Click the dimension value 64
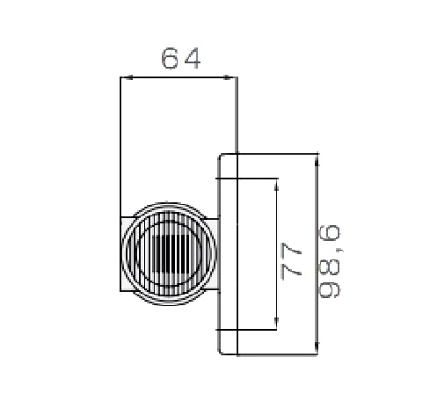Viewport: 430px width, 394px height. click(x=181, y=58)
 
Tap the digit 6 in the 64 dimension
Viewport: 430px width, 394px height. click(x=170, y=58)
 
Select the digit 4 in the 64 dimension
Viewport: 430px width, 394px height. click(x=193, y=59)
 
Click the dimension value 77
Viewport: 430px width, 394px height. click(x=291, y=261)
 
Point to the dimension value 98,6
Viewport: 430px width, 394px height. click(x=330, y=261)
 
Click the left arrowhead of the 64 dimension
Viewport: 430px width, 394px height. click(x=127, y=77)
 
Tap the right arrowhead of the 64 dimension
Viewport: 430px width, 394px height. click(x=230, y=77)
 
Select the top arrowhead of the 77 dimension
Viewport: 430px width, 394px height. click(x=276, y=184)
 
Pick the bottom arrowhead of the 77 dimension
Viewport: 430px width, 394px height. click(x=276, y=323)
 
